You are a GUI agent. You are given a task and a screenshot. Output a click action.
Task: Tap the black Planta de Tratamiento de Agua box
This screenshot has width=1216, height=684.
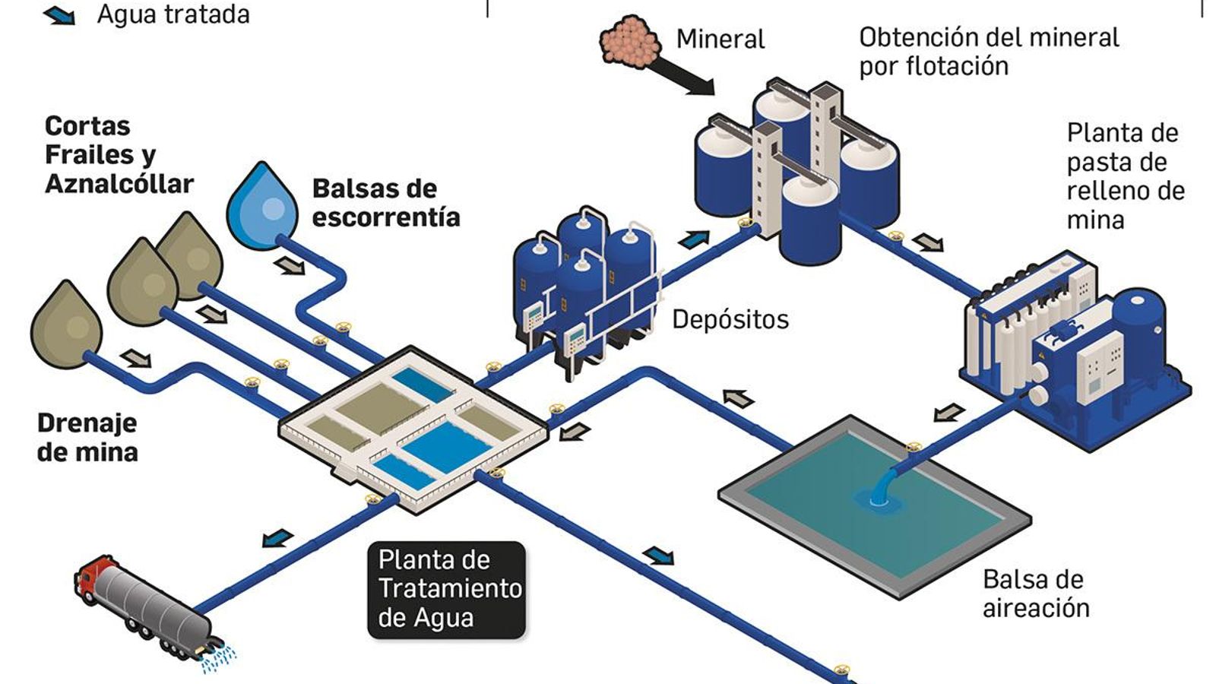(x=447, y=589)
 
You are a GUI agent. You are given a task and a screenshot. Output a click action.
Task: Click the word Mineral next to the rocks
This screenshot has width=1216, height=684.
(x=720, y=39)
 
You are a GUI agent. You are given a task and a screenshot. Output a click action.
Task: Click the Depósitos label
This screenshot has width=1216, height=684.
(x=730, y=319)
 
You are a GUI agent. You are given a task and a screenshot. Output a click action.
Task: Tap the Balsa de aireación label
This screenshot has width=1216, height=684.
(x=1035, y=594)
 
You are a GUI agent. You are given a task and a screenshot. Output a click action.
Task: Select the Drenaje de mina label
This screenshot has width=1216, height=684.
(x=87, y=438)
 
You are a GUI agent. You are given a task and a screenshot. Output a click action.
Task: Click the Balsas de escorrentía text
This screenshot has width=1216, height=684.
(x=386, y=203)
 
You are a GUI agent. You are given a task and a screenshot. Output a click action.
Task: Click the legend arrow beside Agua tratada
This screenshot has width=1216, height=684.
(x=59, y=14)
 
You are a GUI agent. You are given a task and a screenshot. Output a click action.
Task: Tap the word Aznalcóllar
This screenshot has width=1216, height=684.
(x=119, y=184)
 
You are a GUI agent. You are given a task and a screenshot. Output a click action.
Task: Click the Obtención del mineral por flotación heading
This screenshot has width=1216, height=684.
(x=988, y=51)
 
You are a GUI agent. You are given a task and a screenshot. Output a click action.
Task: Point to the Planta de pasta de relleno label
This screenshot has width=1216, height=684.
(x=1124, y=176)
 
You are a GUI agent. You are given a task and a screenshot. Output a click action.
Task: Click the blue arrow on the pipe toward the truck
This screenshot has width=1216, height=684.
(x=277, y=538)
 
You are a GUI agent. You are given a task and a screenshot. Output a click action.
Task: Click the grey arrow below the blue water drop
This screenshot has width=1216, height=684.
(x=290, y=265)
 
